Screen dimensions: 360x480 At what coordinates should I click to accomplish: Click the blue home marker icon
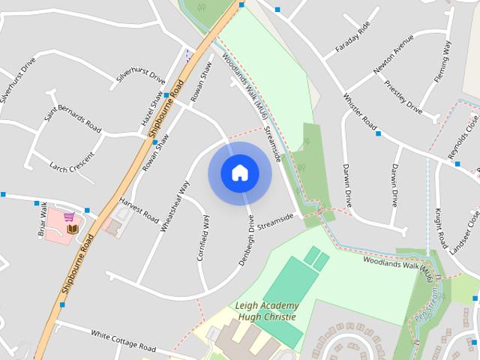point(240,173)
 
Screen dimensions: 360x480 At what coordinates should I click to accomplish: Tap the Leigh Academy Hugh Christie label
point(267,311)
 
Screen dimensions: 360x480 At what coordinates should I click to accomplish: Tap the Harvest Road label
point(139,211)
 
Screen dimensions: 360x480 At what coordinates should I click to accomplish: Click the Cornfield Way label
point(203,238)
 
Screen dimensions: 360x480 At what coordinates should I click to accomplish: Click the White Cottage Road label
point(123,340)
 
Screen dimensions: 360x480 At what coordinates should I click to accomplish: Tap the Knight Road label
point(440,229)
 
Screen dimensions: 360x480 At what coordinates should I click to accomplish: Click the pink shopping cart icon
point(69,217)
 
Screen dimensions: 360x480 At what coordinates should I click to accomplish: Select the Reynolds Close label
point(463,137)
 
